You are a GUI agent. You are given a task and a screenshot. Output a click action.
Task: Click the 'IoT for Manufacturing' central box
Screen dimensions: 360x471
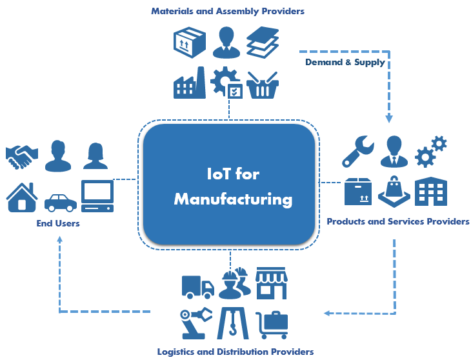click(x=229, y=185)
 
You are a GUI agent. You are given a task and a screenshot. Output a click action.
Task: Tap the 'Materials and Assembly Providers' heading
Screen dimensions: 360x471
click(x=228, y=11)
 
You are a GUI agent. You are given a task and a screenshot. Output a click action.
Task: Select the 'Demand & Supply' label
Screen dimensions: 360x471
click(x=345, y=63)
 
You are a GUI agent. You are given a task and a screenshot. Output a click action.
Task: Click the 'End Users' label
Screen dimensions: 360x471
click(x=58, y=223)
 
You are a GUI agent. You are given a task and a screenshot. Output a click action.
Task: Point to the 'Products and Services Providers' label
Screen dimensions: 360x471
click(x=398, y=221)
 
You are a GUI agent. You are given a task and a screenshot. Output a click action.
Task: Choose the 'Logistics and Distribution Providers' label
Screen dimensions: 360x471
click(x=235, y=352)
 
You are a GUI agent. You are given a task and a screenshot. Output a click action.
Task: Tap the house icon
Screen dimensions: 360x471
click(x=22, y=196)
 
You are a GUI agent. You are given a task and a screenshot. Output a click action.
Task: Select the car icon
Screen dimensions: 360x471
click(x=60, y=202)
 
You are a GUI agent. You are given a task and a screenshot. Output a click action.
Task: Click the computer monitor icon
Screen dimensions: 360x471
click(x=97, y=195)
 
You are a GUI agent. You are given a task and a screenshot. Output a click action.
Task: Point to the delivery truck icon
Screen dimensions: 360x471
click(x=197, y=286)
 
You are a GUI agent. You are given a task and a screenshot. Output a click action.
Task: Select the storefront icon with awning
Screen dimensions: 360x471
click(x=271, y=283)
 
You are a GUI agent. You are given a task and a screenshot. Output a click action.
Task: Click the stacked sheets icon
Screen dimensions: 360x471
click(x=262, y=41)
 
